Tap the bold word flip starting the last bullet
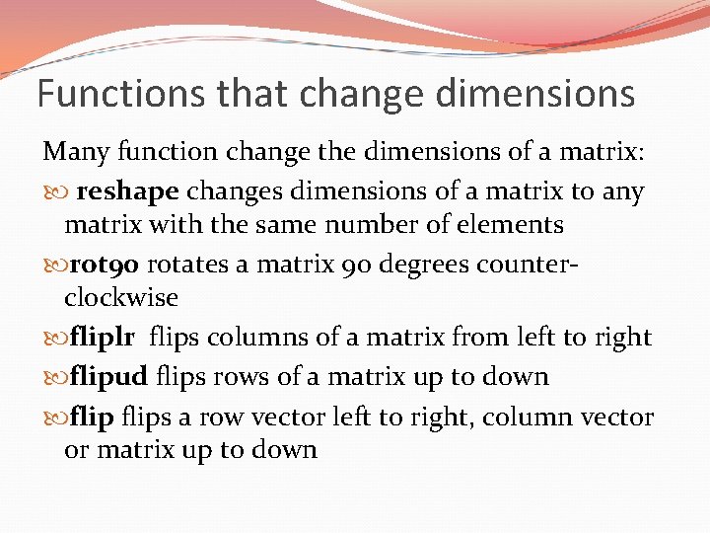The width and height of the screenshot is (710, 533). [x=93, y=418]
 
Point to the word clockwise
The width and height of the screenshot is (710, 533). [x=120, y=297]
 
